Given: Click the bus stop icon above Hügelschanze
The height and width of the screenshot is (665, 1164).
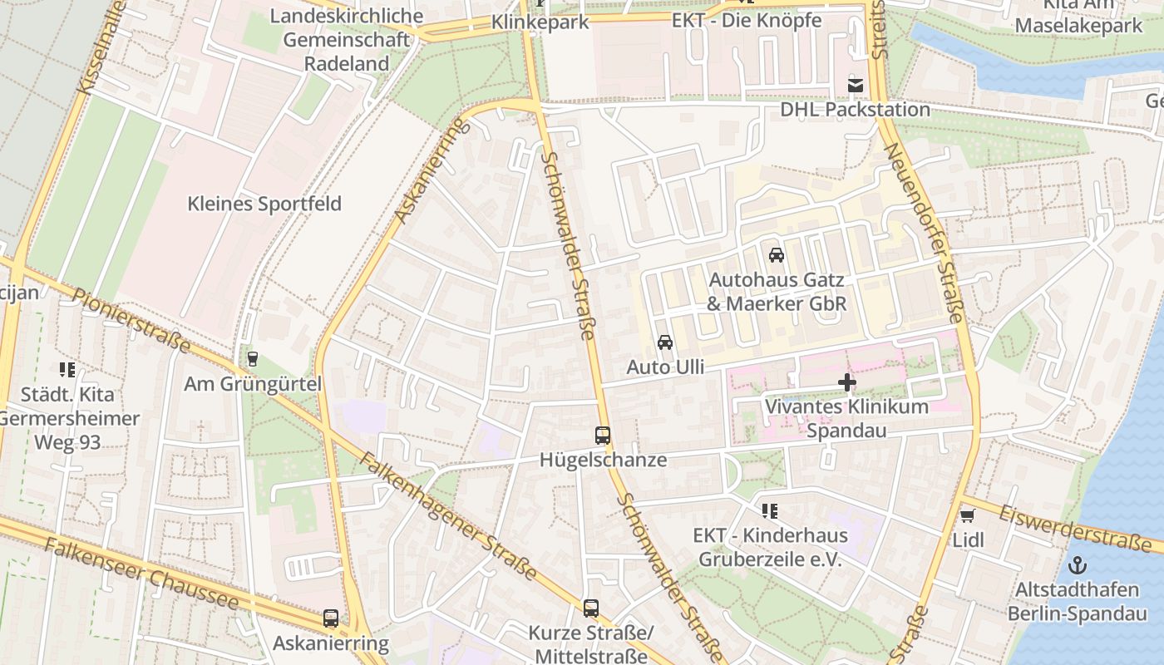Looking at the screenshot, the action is [x=603, y=435].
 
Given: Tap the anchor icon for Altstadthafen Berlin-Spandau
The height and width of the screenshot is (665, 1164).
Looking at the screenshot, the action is [x=1078, y=566].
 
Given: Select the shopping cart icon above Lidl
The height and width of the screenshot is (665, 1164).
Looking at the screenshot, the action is [x=967, y=516].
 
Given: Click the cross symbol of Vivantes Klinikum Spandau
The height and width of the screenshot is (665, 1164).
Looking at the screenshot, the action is [x=847, y=382].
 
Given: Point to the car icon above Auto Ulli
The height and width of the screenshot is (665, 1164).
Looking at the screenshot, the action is [x=664, y=342].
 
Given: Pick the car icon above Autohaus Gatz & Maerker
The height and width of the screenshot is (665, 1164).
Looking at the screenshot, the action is [x=776, y=255].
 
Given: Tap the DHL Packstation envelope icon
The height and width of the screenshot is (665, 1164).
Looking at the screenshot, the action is [x=855, y=85].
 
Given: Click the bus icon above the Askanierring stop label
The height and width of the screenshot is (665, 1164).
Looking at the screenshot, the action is [x=331, y=618].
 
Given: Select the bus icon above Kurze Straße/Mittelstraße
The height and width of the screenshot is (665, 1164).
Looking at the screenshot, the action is [x=590, y=608].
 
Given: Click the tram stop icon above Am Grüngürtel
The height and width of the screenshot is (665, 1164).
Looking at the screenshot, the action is [x=253, y=359].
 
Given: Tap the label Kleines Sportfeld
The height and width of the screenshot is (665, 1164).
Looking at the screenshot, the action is [x=264, y=204].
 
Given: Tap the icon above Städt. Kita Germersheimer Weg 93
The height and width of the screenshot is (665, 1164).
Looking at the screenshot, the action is [x=67, y=370].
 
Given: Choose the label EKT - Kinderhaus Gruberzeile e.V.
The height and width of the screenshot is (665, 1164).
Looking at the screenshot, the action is [x=770, y=547].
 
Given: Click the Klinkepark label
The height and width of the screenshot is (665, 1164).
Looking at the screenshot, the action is [x=540, y=22].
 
